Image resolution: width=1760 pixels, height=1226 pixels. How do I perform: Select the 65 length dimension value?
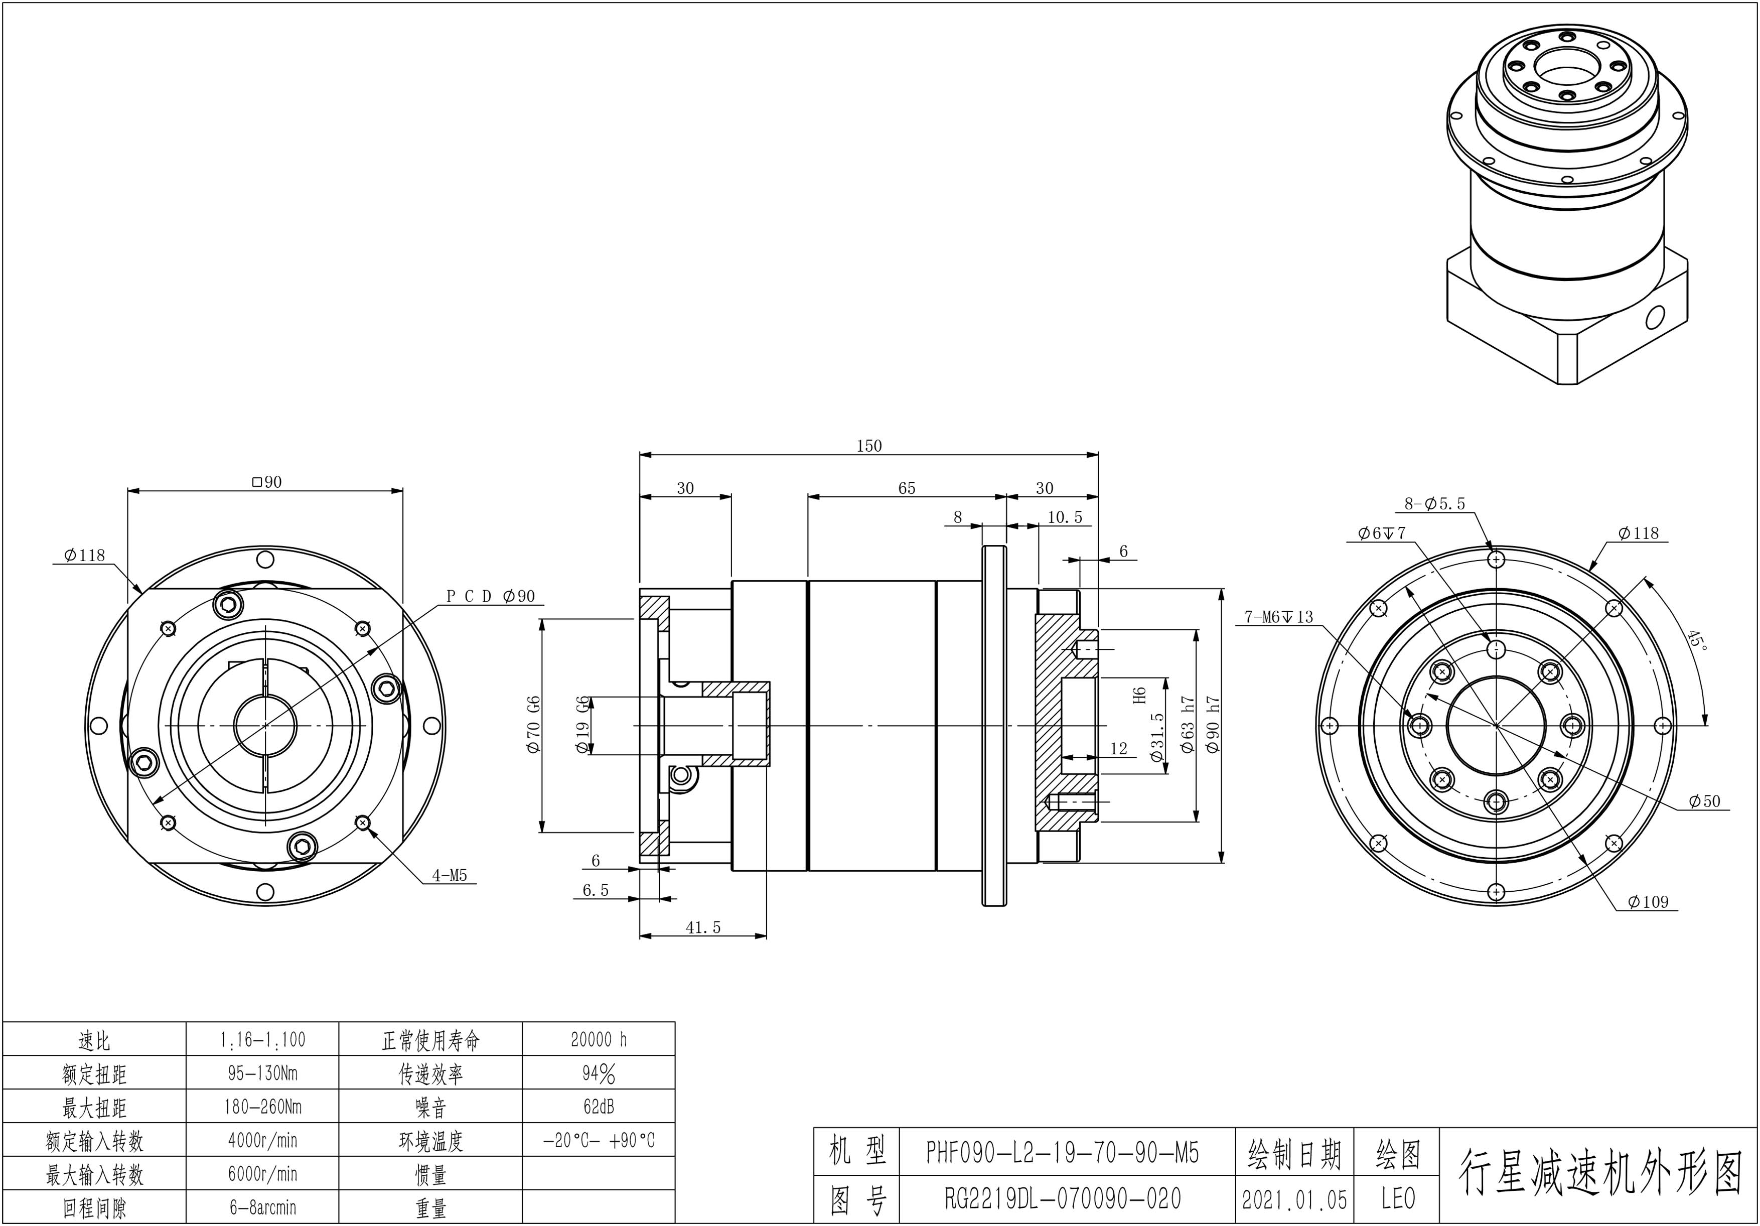click(x=906, y=488)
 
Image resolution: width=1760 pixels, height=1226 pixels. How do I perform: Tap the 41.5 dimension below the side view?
click(x=703, y=928)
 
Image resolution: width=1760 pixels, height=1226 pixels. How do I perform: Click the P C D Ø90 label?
click(x=491, y=597)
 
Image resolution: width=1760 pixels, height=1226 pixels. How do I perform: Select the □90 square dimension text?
click(x=267, y=482)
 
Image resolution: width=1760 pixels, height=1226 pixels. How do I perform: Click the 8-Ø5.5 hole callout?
click(x=1434, y=504)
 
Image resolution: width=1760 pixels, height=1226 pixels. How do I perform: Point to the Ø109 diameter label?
click(x=1648, y=902)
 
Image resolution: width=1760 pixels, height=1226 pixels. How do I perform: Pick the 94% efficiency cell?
click(x=599, y=1073)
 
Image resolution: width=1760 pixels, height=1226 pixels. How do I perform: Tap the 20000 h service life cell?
click(x=599, y=1040)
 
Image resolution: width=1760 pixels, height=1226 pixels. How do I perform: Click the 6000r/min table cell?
click(x=262, y=1174)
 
